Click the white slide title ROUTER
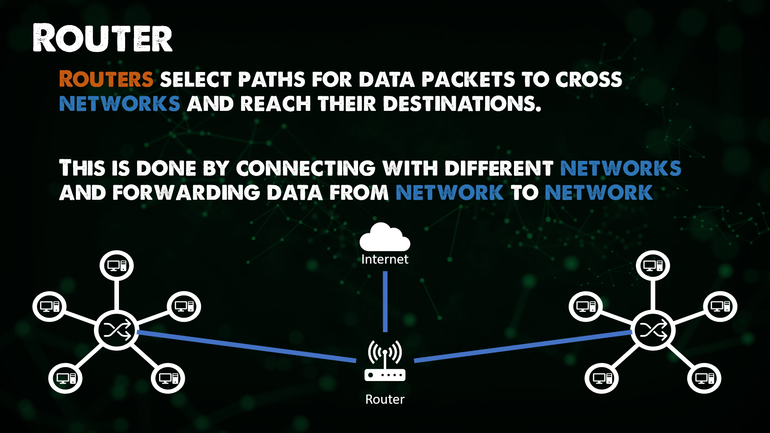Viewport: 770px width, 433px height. (x=102, y=38)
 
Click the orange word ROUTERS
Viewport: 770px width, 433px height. (x=106, y=79)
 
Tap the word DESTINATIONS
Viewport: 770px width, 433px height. (x=462, y=104)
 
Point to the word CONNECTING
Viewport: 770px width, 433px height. (x=306, y=169)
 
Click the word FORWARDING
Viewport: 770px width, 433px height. (x=186, y=193)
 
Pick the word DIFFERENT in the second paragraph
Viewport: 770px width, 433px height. (x=499, y=169)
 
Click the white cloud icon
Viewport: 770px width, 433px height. (x=385, y=238)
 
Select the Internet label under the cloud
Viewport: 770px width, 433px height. (x=385, y=259)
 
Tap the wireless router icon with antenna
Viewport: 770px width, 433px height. (x=385, y=362)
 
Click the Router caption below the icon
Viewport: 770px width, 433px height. (x=385, y=400)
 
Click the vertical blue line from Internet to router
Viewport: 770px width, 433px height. (x=385, y=302)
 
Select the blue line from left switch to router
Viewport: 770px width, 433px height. (x=246, y=346)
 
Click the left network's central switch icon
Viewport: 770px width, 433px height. (x=117, y=330)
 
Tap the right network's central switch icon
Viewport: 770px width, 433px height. (x=653, y=330)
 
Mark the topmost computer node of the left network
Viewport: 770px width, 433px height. (x=117, y=266)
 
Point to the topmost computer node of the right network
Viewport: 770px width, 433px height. (x=653, y=266)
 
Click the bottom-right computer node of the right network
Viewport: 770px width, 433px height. (x=704, y=378)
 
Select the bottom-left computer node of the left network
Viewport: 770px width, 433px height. (x=65, y=378)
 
